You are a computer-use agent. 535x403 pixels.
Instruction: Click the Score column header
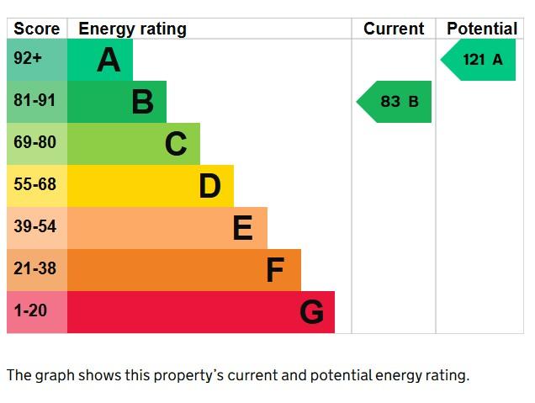[x=36, y=29]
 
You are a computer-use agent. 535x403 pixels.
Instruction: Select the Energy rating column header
[x=132, y=29]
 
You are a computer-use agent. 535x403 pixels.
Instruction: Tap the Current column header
[x=393, y=29]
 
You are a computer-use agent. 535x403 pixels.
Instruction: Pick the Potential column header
[x=482, y=29]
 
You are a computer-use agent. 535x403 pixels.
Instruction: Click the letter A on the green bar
[x=109, y=60]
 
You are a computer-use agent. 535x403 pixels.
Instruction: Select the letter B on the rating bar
[x=142, y=102]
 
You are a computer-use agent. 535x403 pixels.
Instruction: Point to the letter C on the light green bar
[x=175, y=144]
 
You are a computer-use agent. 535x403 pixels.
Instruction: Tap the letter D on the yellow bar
[x=209, y=186]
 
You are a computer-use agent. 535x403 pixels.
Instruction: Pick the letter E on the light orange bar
[x=242, y=228]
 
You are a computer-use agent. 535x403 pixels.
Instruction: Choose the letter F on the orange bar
[x=275, y=270]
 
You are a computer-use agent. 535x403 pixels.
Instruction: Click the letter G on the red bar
[x=311, y=312]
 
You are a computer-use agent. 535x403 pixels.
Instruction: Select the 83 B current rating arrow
[x=395, y=102]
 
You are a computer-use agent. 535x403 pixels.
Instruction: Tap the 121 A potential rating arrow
[x=479, y=60]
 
